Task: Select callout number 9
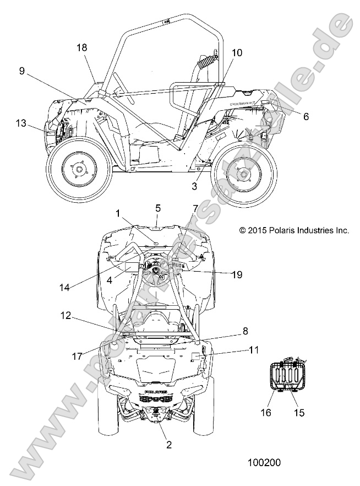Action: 21,71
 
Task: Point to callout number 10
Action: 237,53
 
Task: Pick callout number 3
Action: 194,187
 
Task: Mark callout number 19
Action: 238,274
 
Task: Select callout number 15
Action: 299,411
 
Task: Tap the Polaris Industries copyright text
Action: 294,231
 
